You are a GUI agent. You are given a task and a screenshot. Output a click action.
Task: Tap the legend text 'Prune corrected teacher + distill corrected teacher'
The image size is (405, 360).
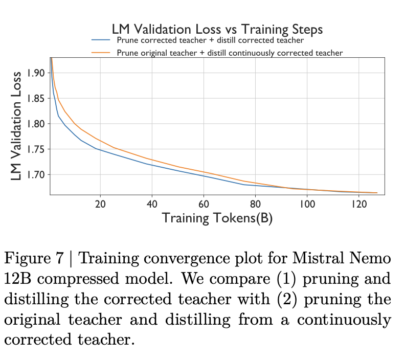click(x=210, y=40)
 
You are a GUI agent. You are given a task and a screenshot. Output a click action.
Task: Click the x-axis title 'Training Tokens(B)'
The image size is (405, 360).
click(x=217, y=218)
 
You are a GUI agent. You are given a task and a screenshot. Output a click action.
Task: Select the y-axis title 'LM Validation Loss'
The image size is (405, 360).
click(x=17, y=125)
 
